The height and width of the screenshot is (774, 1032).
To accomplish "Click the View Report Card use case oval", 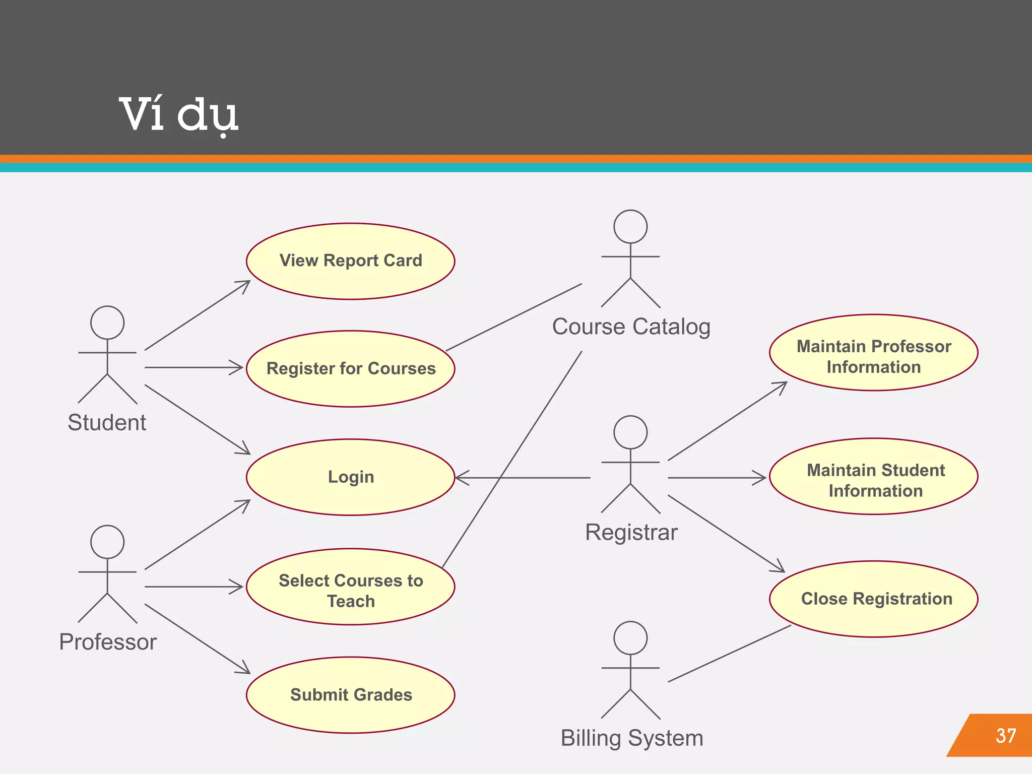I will click(351, 261).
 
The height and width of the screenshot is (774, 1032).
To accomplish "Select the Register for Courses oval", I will click(351, 369).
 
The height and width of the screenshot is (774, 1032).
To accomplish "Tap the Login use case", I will click(351, 477).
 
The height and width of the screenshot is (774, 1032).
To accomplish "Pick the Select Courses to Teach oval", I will click(351, 588).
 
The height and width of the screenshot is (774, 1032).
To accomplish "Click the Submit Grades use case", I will click(351, 695).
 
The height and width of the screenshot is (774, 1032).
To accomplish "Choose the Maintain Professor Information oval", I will click(873, 353).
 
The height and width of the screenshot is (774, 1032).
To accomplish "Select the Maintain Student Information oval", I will click(874, 477).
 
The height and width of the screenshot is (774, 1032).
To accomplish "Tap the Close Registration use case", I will click(874, 599).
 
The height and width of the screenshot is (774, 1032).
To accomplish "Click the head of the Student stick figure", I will click(107, 322).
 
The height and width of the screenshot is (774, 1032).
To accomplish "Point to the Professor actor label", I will click(108, 642).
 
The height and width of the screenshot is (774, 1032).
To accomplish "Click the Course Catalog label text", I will click(631, 327).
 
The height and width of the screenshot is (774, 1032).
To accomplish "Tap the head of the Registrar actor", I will click(630, 432).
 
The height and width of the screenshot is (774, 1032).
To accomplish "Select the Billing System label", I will click(632, 738).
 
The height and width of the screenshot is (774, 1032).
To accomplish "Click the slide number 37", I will click(1005, 736).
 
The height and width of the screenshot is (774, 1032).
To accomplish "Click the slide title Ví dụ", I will click(178, 115).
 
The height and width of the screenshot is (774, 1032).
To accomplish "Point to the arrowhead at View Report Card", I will click(245, 284).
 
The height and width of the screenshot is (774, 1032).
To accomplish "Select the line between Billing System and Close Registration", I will click(730, 654).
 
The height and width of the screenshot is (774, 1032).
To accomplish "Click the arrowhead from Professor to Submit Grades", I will click(245, 670).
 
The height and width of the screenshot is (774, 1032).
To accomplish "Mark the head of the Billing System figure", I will click(630, 638).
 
